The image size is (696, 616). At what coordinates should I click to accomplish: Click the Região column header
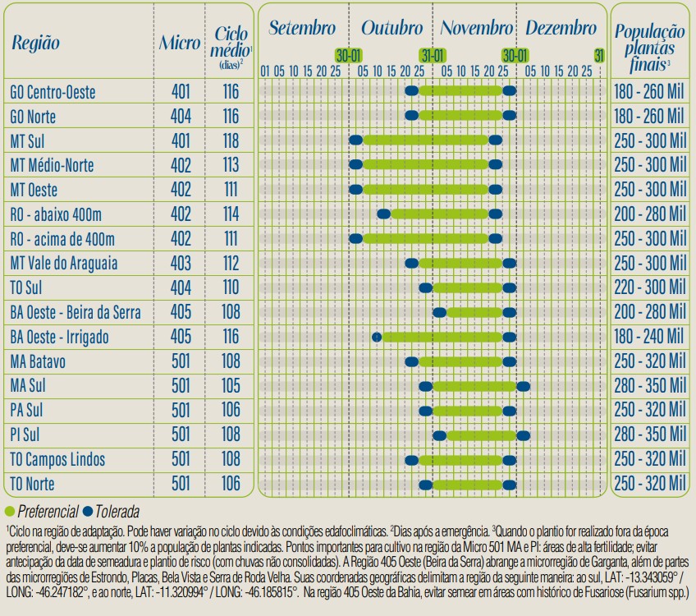coord(35,43)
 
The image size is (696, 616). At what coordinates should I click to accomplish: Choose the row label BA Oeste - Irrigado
coord(59,337)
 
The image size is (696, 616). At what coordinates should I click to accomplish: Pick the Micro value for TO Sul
coord(181,287)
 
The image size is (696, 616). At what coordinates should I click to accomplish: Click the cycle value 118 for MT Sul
coord(231,140)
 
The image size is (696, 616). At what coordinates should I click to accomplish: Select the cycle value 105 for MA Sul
coord(231,385)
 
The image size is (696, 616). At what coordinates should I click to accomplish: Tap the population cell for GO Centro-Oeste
coord(648,91)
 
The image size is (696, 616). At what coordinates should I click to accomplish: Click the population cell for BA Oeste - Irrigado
coord(648,337)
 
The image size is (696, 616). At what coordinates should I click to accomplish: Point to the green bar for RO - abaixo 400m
coord(443,214)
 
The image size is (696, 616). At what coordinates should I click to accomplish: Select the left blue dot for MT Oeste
coord(355,190)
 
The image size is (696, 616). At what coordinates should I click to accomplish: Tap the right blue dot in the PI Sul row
coord(524,434)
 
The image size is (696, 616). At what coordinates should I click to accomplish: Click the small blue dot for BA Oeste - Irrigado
coord(377,337)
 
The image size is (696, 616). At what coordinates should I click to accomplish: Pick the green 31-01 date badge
coord(433,55)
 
